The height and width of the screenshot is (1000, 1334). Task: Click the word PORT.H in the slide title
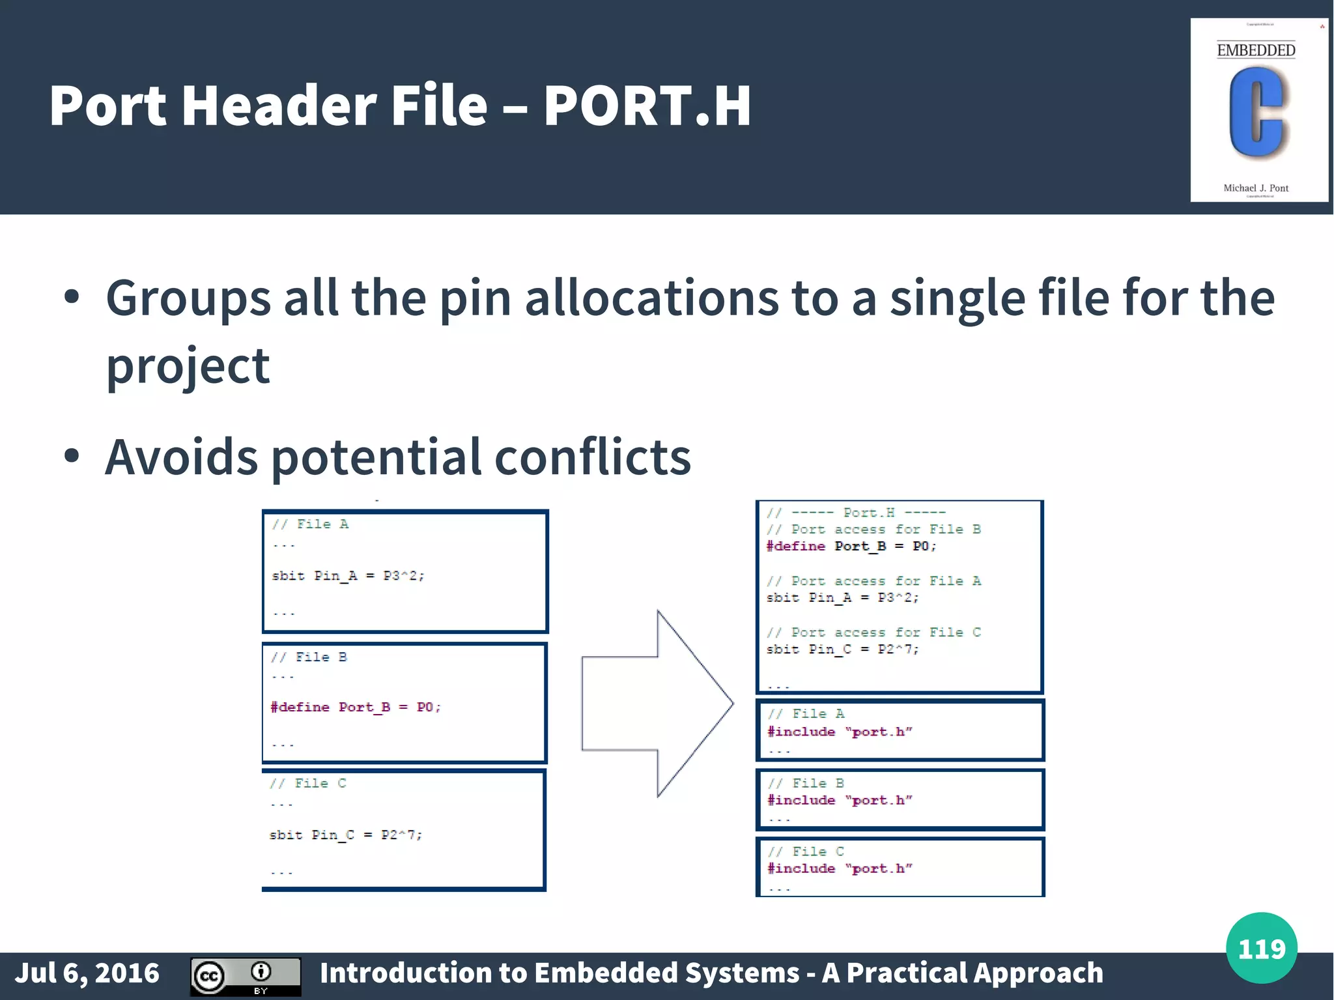pyautogui.click(x=647, y=106)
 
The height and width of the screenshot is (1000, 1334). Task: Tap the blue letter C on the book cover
pyautogui.click(x=1255, y=112)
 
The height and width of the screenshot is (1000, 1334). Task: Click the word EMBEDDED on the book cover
pyautogui.click(x=1255, y=50)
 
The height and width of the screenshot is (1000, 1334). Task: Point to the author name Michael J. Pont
pyautogui.click(x=1255, y=188)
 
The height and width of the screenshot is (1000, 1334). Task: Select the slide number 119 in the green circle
pyautogui.click(x=1261, y=949)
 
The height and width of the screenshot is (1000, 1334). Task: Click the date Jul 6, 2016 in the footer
pyautogui.click(x=87, y=973)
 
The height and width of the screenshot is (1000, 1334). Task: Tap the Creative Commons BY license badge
pyautogui.click(x=246, y=976)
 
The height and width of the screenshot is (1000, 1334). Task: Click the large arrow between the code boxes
pyautogui.click(x=658, y=704)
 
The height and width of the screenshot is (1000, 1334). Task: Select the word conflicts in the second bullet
pyautogui.click(x=593, y=457)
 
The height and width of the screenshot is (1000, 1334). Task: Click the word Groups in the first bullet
pyautogui.click(x=188, y=298)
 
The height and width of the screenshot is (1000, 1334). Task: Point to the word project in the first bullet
pyautogui.click(x=188, y=366)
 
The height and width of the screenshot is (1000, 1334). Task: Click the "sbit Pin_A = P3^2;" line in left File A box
pyautogui.click(x=348, y=576)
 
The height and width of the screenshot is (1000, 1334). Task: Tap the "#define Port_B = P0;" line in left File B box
pyautogui.click(x=356, y=707)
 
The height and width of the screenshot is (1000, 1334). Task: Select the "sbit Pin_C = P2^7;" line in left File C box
pyautogui.click(x=346, y=835)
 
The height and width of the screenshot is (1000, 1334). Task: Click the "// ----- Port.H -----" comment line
pyautogui.click(x=855, y=513)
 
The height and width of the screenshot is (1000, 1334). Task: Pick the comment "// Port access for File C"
pyautogui.click(x=873, y=633)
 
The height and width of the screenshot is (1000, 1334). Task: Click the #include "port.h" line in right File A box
pyautogui.click(x=840, y=732)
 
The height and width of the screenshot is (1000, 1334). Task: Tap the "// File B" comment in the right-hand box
pyautogui.click(x=805, y=783)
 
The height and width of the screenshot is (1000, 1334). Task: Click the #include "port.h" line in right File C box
pyautogui.click(x=840, y=868)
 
